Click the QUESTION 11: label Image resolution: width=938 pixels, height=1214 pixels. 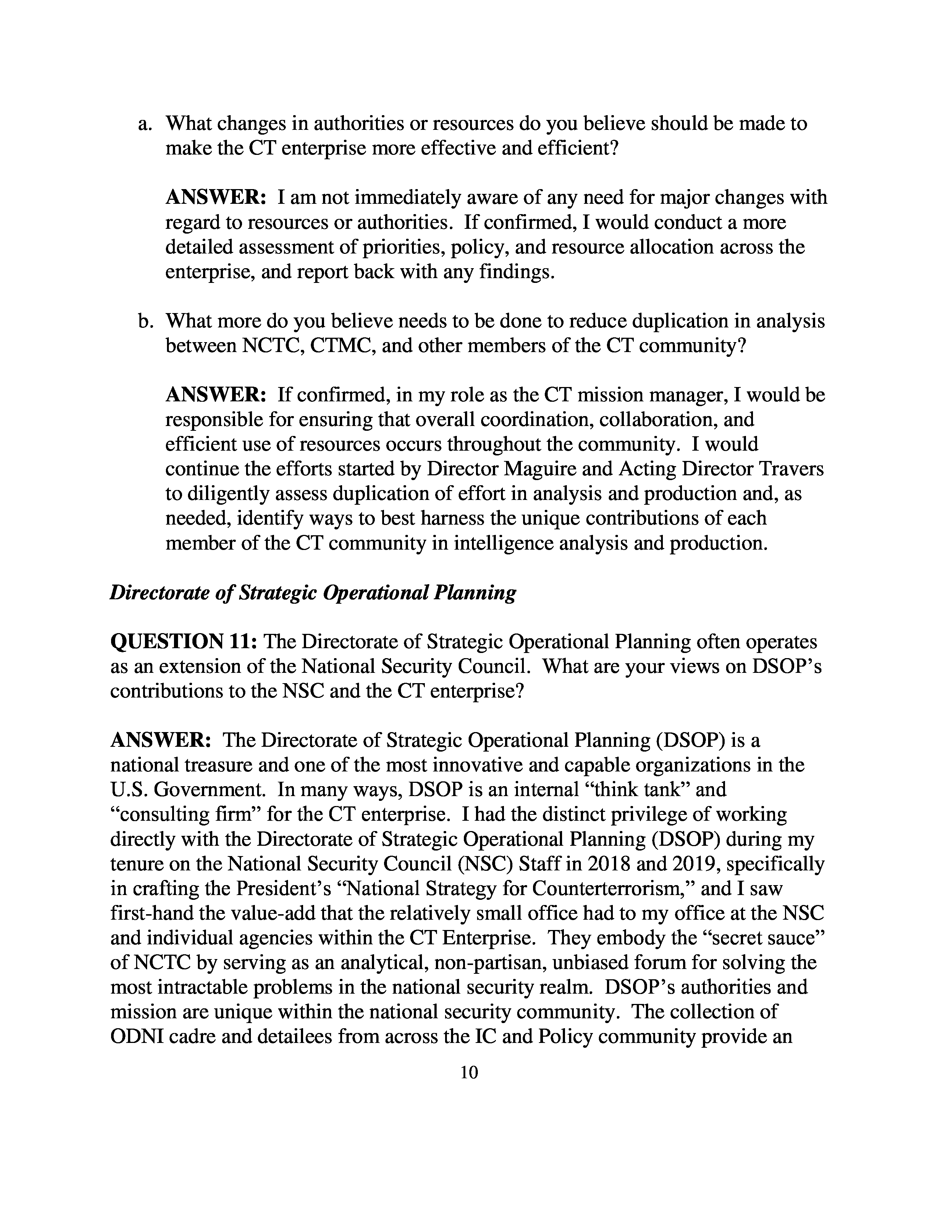184,642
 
